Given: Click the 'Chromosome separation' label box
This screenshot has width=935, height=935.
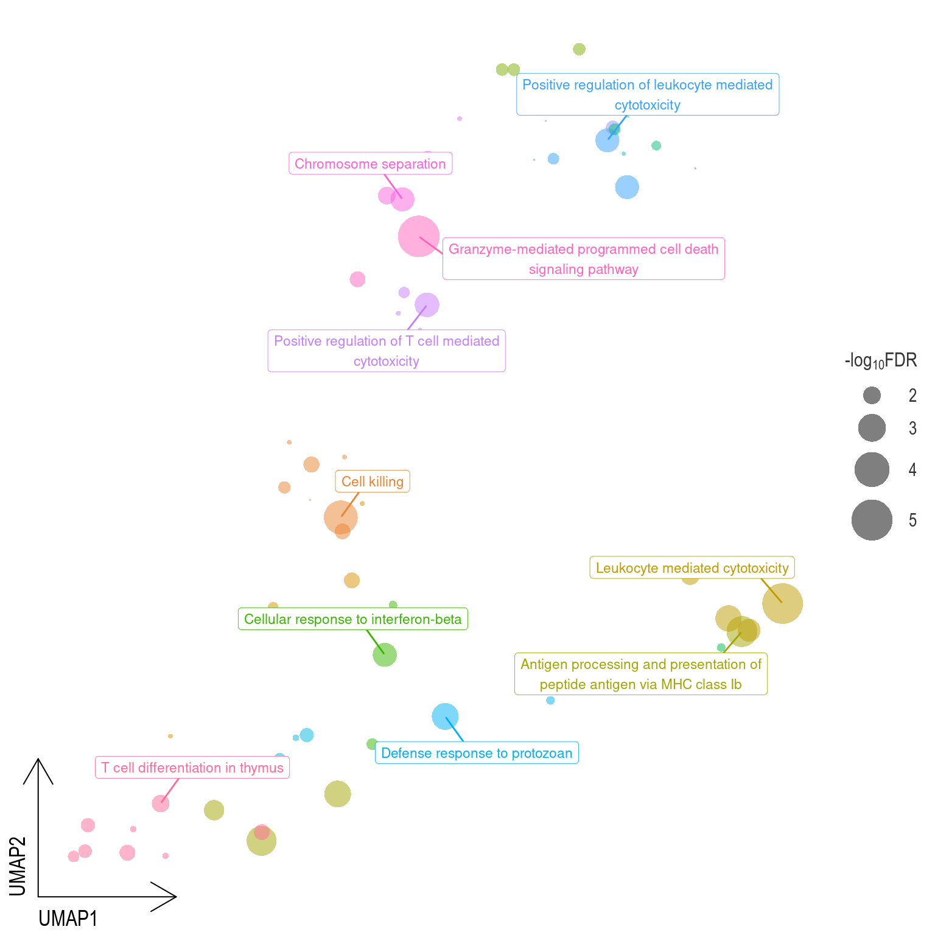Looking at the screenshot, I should (370, 164).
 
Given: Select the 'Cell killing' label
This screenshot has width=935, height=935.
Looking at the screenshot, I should (373, 482).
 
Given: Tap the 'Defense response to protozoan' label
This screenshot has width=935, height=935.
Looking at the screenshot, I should (477, 753).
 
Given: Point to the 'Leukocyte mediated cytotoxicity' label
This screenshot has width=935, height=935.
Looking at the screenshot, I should (692, 568).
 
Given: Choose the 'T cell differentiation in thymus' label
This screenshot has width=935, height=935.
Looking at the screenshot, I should (192, 768).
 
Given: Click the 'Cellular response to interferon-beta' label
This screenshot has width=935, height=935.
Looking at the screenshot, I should (353, 619).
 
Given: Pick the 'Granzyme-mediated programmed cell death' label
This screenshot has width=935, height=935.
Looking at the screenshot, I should (583, 259).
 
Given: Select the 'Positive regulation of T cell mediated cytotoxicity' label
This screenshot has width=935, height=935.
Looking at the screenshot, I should (387, 351).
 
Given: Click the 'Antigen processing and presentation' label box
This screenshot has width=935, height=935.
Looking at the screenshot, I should (640, 674).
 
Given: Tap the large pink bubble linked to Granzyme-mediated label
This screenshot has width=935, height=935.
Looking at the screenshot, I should (419, 236).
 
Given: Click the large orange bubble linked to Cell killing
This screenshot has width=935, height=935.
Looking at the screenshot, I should (341, 517).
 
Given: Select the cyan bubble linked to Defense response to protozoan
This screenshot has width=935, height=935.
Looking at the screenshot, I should (445, 716).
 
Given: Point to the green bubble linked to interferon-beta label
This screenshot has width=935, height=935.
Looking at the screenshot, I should (385, 655).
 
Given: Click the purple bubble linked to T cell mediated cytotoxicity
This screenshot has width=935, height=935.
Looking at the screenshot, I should (427, 304).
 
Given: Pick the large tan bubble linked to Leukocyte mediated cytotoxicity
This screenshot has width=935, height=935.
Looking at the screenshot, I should (782, 603).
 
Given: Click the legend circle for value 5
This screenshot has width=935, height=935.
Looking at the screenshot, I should (872, 520).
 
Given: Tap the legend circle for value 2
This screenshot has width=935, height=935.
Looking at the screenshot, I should (872, 396).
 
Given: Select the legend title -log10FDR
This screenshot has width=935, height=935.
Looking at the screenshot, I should (880, 361).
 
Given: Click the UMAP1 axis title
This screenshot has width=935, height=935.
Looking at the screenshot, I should (68, 918).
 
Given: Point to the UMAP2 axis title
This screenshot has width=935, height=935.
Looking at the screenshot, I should (18, 866).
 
